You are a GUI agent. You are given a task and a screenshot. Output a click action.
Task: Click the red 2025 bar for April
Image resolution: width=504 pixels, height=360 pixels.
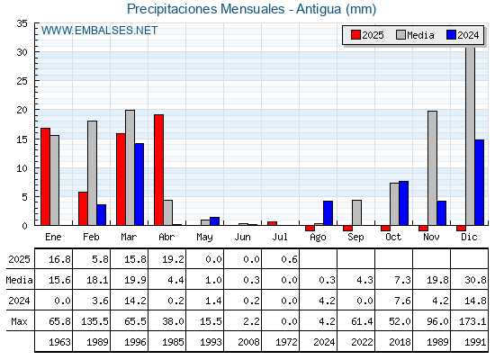158,170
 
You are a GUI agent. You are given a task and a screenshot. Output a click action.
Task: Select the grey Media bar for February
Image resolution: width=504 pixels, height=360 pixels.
92,173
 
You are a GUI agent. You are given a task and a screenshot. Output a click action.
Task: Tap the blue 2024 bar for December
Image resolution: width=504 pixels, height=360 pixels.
479,182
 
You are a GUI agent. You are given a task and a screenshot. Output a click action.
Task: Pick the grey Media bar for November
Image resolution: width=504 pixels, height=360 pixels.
432,168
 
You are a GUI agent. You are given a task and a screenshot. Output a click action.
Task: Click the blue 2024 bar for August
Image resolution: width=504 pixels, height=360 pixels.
328,212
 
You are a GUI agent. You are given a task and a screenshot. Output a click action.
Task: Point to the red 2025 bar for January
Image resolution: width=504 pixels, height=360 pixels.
45,176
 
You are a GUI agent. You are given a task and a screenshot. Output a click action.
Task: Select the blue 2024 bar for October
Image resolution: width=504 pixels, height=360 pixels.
404,203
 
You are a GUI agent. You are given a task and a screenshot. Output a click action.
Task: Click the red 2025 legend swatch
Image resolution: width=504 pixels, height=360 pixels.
355,35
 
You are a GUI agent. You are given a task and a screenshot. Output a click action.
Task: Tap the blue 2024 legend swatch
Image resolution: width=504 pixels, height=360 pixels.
451,35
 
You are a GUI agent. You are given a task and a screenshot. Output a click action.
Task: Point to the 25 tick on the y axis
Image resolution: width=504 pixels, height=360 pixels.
22,81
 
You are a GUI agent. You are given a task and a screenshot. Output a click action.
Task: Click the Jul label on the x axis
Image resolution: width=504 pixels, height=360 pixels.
280,237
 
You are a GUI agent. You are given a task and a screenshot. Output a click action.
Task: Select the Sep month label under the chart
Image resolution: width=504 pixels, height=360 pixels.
355,238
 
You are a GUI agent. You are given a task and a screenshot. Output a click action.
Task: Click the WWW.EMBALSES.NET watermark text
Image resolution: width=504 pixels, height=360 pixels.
99,31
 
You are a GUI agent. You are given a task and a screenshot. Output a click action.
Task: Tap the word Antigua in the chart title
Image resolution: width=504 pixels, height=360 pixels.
319,9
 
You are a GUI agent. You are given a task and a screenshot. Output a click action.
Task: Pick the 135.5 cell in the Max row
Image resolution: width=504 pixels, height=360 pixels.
94,321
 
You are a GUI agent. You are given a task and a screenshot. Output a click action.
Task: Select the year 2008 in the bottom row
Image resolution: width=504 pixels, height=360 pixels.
248,342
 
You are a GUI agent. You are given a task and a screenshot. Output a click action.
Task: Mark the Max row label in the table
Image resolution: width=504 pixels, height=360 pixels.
19,321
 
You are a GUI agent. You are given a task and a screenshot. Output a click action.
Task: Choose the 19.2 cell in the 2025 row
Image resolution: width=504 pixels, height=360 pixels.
173,259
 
